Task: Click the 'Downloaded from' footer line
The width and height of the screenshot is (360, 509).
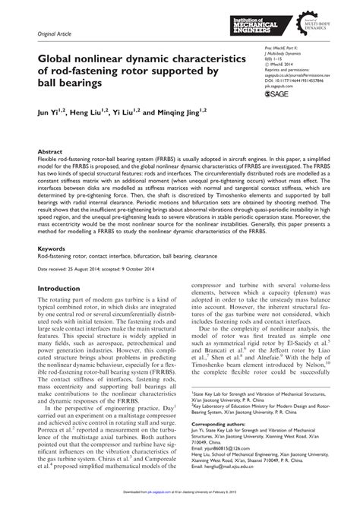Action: point(180,503)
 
